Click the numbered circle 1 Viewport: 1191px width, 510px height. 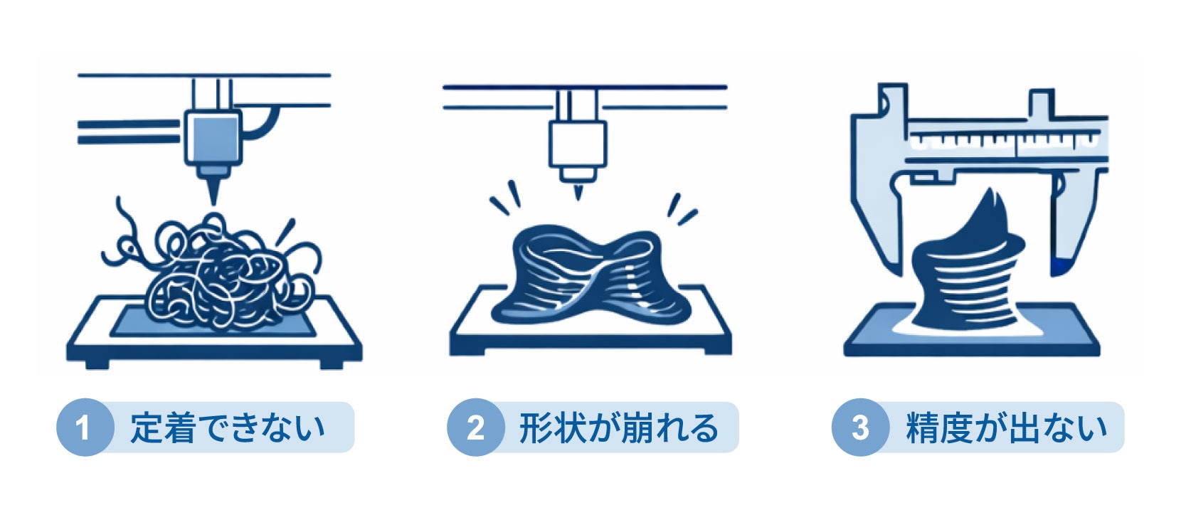click(x=85, y=427)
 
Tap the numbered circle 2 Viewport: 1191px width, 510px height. click(x=475, y=427)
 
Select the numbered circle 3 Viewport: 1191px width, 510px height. click(x=860, y=427)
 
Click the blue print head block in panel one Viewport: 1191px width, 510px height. click(x=213, y=137)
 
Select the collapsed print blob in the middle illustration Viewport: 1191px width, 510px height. click(x=591, y=280)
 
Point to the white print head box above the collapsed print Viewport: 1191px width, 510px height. click(x=578, y=144)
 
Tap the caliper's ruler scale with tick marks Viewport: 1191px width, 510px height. click(x=1005, y=142)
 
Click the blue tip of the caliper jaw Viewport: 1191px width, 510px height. click(x=1059, y=266)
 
